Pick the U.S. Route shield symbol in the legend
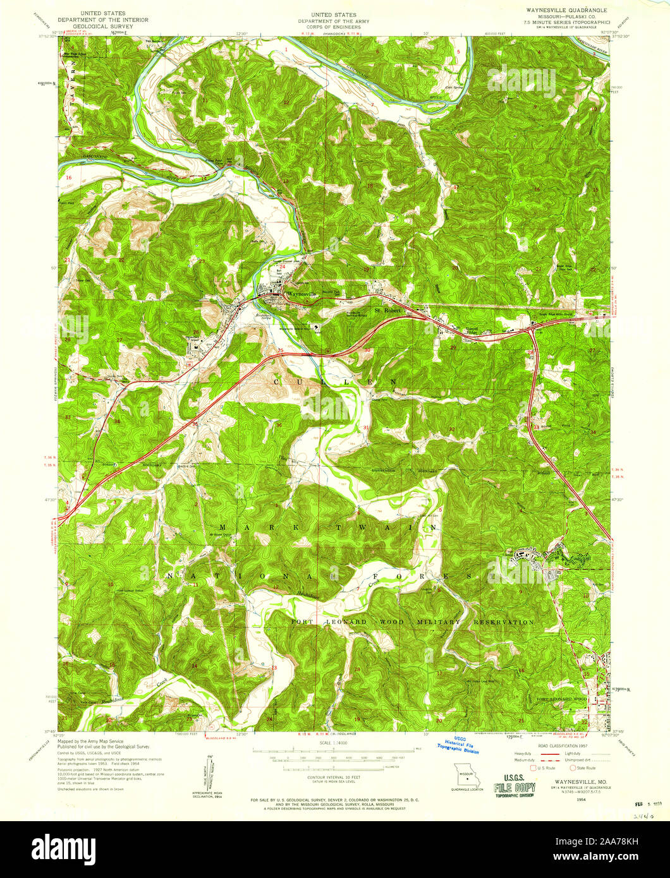coord(533,768)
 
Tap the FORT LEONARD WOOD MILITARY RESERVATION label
coord(412,622)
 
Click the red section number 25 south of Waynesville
coord(280,351)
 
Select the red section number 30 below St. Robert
coord(367,351)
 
